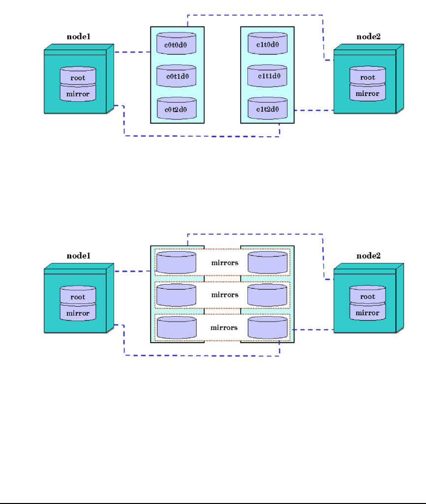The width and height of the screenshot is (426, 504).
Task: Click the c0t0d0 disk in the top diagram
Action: tap(177, 44)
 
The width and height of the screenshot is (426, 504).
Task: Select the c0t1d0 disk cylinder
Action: tap(177, 76)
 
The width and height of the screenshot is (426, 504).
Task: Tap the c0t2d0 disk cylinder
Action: tap(177, 109)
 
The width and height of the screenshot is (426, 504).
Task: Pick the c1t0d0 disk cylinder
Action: tap(267, 44)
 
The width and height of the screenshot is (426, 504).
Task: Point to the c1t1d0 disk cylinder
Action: tap(267, 76)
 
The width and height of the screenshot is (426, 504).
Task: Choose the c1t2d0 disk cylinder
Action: tap(267, 109)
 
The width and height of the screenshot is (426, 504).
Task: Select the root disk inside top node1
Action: tap(78, 77)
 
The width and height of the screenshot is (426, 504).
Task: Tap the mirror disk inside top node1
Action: tap(78, 93)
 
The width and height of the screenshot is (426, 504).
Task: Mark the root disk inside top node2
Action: tap(367, 77)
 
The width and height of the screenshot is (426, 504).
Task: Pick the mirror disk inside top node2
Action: tap(367, 93)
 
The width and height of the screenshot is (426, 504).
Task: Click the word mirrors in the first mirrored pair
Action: tap(224, 263)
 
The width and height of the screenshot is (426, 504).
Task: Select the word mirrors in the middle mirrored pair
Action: tap(224, 295)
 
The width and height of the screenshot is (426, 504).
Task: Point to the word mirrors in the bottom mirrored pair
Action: tap(224, 327)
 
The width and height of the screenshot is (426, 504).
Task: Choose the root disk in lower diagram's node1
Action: tap(78, 296)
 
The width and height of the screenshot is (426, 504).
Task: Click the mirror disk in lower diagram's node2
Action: tap(367, 313)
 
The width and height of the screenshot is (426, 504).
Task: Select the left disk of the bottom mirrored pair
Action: tap(177, 327)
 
